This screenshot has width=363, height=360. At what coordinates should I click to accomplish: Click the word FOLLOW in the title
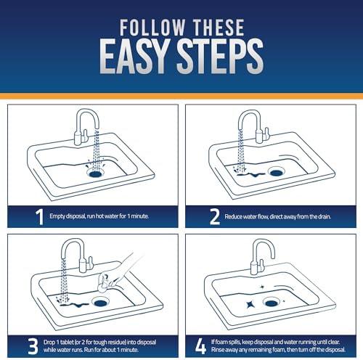(x=152, y=28)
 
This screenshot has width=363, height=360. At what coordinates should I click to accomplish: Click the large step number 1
(x=39, y=217)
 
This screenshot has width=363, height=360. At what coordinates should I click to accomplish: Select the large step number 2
(x=215, y=217)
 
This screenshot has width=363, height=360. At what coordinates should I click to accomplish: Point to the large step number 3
(x=33, y=346)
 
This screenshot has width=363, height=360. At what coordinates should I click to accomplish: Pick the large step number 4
(x=200, y=346)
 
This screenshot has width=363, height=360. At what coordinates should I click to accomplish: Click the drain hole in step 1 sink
(x=96, y=173)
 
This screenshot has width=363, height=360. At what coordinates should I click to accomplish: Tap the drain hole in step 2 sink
(x=277, y=173)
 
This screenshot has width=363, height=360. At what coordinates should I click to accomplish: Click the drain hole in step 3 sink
(x=99, y=303)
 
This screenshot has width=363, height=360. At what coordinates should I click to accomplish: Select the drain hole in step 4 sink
(x=272, y=303)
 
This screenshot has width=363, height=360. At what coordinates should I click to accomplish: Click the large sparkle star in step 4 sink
(x=250, y=304)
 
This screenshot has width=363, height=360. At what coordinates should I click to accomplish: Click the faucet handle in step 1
(x=85, y=136)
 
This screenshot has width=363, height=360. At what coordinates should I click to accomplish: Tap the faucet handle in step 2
(x=266, y=134)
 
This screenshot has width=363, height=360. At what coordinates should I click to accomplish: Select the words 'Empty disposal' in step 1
(x=68, y=216)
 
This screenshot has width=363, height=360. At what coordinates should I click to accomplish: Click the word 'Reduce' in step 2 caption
(x=233, y=216)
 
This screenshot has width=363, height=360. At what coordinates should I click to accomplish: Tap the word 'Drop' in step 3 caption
(x=49, y=342)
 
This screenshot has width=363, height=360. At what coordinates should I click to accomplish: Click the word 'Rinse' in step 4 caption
(x=219, y=350)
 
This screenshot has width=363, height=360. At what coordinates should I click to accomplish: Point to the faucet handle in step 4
(x=261, y=265)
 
